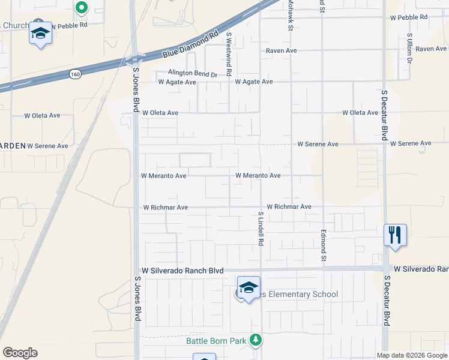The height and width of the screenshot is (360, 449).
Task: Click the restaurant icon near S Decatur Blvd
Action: [x=395, y=234]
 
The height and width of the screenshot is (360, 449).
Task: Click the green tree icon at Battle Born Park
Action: [x=256, y=340]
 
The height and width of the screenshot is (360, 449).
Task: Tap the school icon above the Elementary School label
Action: [x=249, y=288]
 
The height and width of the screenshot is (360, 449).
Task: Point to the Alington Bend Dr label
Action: [x=193, y=73]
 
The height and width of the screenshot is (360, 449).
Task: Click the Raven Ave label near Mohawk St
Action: [x=282, y=51]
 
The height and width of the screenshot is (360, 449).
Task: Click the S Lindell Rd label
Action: [x=261, y=229]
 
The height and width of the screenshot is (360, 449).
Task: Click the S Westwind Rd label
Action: [x=229, y=54]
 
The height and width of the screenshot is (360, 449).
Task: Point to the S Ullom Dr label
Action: [x=409, y=48]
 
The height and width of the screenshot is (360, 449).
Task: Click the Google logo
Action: [x=20, y=353]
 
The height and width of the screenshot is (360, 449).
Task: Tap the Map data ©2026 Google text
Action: [x=411, y=355]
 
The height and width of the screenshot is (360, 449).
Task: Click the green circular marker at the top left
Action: [x=82, y=8]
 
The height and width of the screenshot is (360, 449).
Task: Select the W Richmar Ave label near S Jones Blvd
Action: [x=165, y=208]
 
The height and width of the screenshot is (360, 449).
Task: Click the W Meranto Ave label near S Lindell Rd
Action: [x=258, y=176]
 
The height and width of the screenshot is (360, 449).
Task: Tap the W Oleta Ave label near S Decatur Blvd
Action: [x=360, y=113]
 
